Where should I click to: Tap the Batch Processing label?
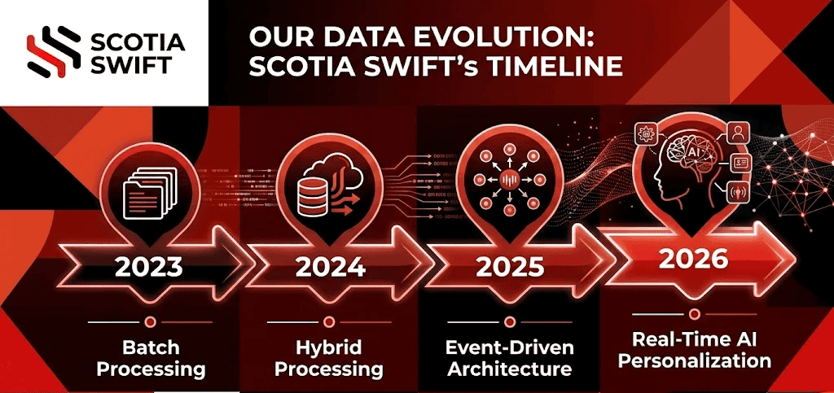click(x=151, y=358)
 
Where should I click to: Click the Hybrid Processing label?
click(x=328, y=358)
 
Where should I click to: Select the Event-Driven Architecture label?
click(x=510, y=358)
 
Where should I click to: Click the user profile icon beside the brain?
click(x=738, y=131)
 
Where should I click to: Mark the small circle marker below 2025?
click(x=509, y=321)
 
